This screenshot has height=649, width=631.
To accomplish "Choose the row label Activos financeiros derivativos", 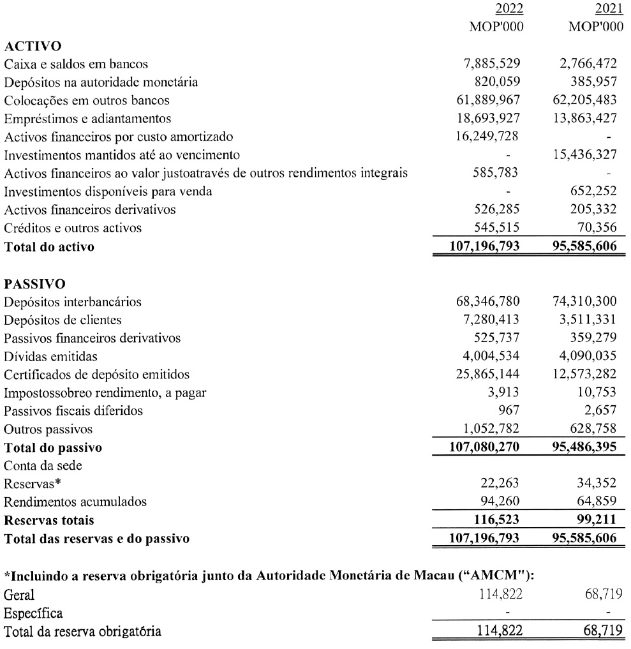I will pyautogui.click(x=89, y=210).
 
